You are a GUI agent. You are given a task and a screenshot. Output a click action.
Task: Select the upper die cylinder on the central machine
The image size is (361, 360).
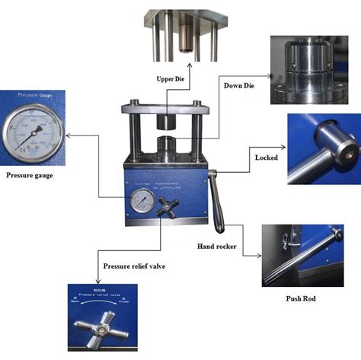(x=170, y=122)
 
